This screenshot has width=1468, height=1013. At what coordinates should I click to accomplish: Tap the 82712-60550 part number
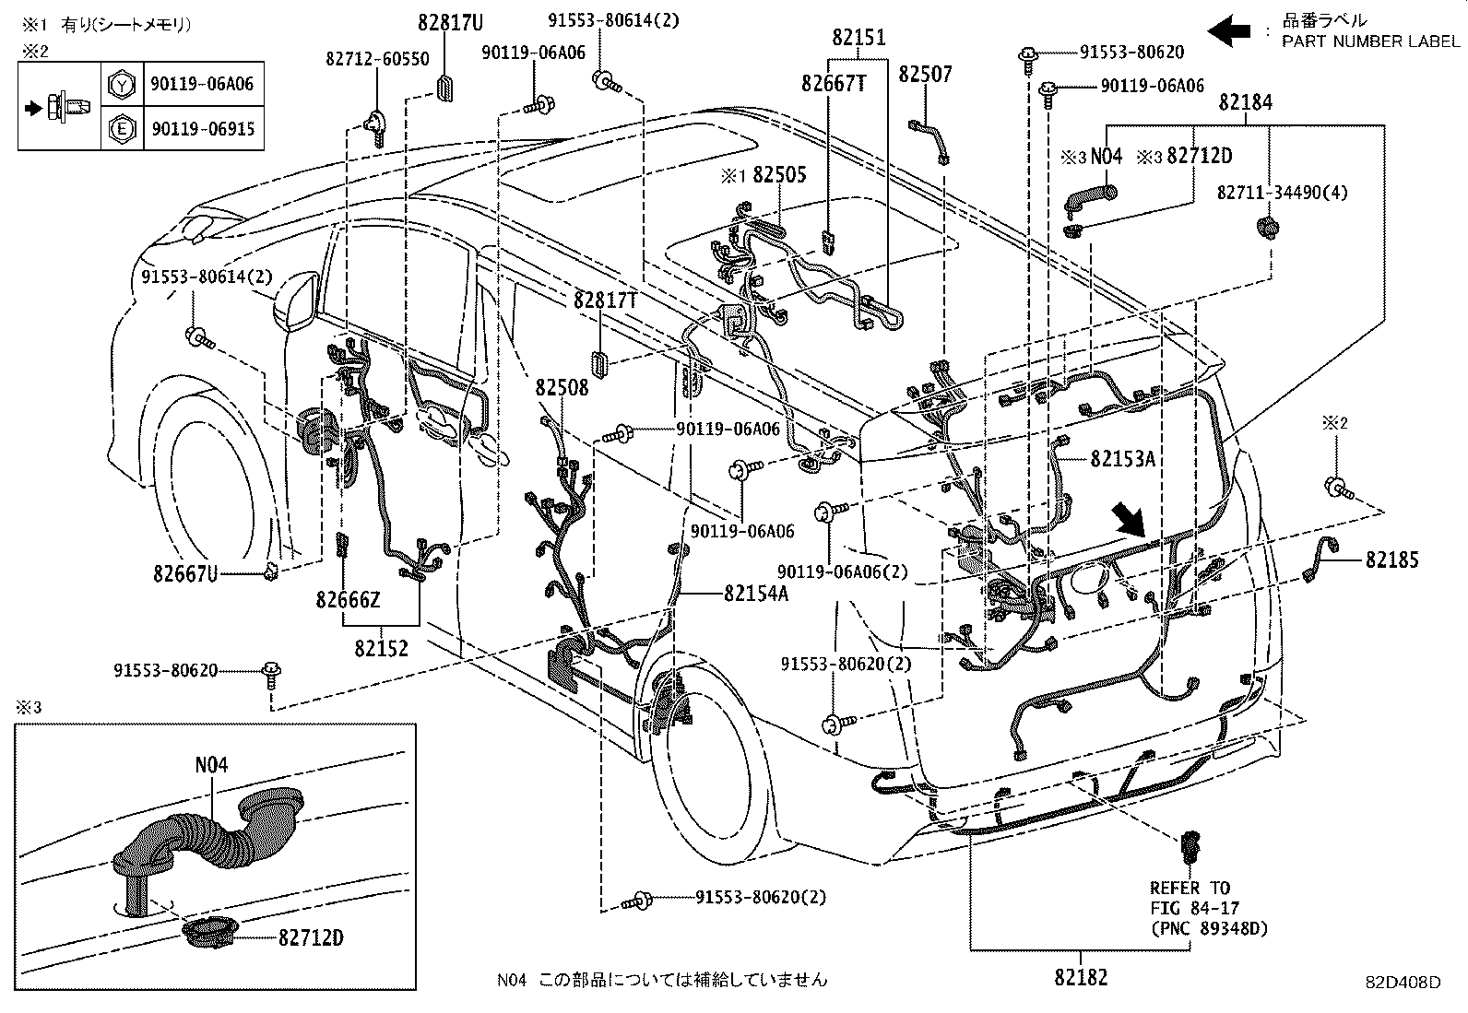tap(377, 59)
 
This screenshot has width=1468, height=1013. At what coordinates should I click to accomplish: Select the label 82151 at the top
tap(858, 38)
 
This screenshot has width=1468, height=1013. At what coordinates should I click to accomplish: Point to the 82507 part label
tap(925, 75)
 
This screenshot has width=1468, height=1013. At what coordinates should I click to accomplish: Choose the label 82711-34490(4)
tap(1269, 193)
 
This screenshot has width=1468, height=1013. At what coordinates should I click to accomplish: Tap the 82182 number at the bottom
tap(1081, 977)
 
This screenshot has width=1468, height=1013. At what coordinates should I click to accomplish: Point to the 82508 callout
tap(562, 387)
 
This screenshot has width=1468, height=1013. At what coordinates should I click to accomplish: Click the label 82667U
tap(185, 574)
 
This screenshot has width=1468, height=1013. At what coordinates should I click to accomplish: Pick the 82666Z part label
tap(348, 600)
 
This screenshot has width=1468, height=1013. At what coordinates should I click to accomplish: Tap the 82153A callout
tap(1122, 458)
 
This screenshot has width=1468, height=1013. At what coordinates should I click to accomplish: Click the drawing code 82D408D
tap(1403, 983)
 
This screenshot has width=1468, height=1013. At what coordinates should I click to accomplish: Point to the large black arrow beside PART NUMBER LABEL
tap(1229, 32)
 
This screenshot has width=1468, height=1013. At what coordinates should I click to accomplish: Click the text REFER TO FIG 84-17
tap(1190, 898)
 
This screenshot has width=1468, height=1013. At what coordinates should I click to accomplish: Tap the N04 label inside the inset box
tap(211, 764)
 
